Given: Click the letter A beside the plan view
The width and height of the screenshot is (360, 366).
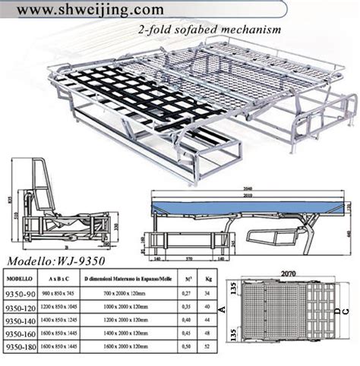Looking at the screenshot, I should point(220,310).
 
